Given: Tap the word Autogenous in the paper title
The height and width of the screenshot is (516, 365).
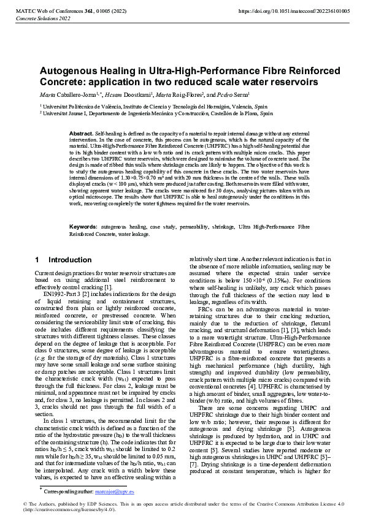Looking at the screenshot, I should [x=66, y=70].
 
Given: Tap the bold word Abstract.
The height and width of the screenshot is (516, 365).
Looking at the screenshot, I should [x=81, y=133].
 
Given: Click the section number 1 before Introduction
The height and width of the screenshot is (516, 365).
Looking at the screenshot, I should [x=37, y=260].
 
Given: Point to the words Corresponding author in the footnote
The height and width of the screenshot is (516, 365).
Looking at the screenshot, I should [x=68, y=491].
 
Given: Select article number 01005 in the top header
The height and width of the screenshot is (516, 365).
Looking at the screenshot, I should [x=106, y=11].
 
